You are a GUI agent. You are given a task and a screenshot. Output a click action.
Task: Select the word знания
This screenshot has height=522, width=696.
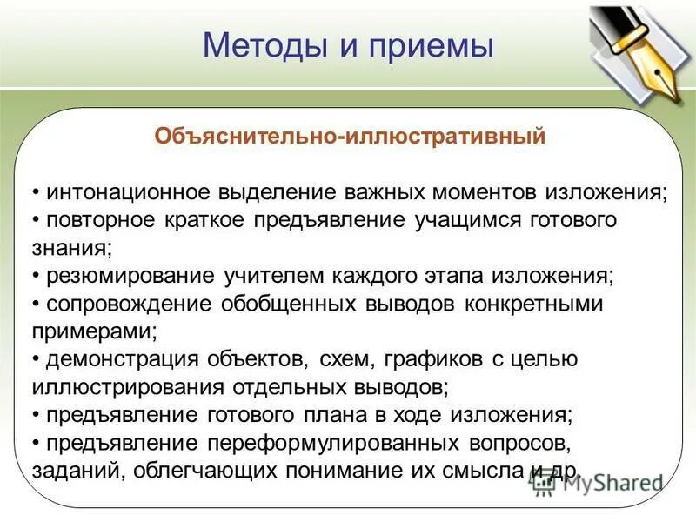tap(70, 247)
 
